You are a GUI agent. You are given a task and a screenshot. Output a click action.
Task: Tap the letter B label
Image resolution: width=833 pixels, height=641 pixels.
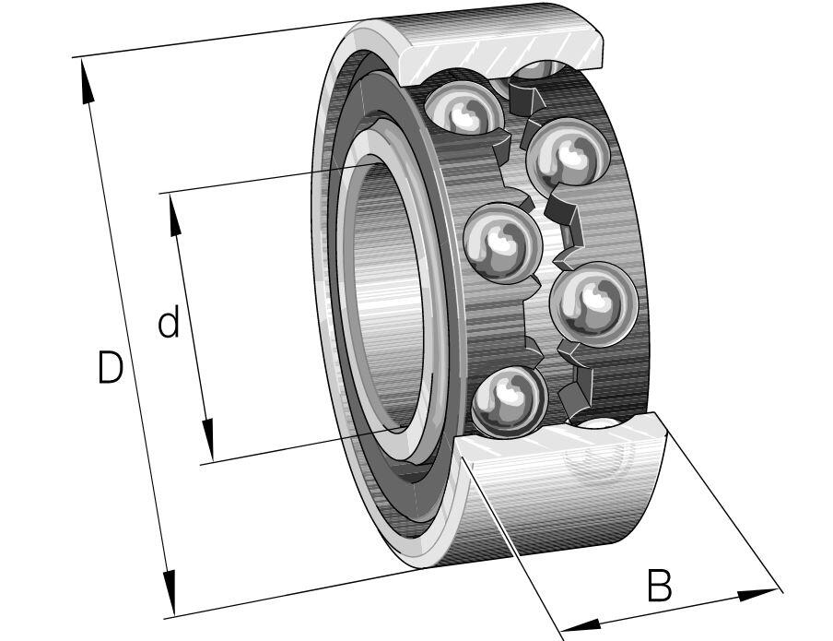tap(658, 586)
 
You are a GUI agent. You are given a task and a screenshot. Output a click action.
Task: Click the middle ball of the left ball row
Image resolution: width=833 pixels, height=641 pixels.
tap(500, 243)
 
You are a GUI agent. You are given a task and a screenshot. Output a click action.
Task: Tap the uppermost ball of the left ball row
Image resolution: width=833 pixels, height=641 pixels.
tap(463, 110)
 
